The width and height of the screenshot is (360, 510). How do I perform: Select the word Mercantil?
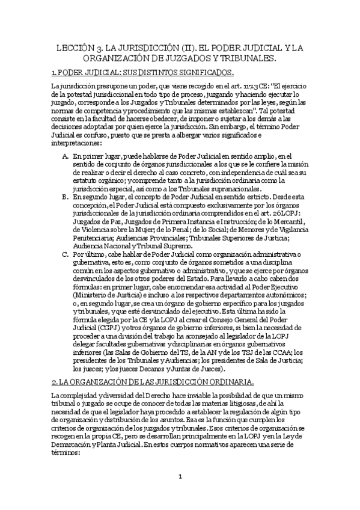[x=285, y=221]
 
